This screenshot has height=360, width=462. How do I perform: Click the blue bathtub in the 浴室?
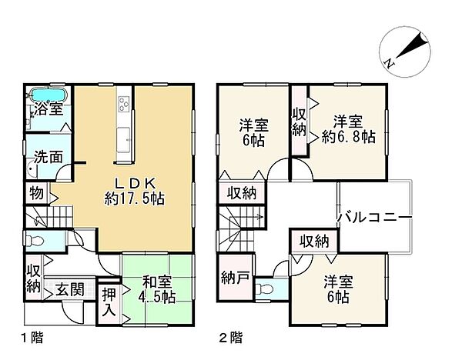coord(49,95)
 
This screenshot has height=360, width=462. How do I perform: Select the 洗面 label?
coord(51,156)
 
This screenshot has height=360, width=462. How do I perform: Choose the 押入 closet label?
coord(110,303)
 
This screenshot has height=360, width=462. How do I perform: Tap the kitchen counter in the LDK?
coord(124,118)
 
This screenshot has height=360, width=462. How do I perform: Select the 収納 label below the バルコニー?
coord(312,242)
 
